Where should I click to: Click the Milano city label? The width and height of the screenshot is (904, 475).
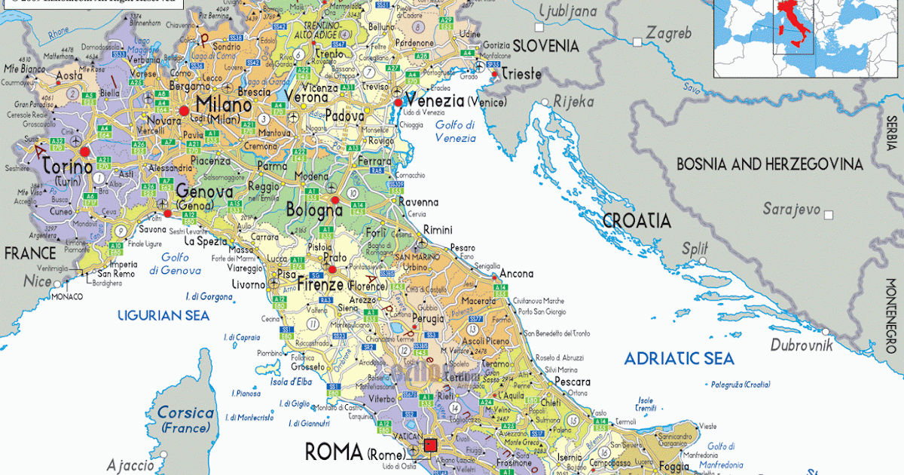[x=223, y=105]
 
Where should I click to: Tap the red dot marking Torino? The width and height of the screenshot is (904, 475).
[x=84, y=152]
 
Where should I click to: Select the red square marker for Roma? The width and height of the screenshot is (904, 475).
[x=431, y=445]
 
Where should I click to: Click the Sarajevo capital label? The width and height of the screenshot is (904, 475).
[x=791, y=209]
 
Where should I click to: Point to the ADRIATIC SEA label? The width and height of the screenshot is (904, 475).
[x=679, y=359]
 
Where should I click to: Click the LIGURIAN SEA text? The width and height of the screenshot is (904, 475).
[x=163, y=316]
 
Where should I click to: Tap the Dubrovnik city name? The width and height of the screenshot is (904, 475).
[x=801, y=345]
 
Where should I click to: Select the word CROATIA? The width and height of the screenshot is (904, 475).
[x=637, y=220]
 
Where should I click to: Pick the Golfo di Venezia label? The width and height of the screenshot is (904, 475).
[x=456, y=131]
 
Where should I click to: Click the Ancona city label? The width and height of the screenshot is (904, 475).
[x=516, y=274]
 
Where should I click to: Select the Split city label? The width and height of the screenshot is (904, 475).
[x=695, y=248]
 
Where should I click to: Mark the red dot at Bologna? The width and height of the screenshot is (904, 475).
[x=335, y=200]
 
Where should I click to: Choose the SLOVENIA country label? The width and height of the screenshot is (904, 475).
[x=545, y=46]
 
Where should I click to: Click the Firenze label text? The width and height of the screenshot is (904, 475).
[x=320, y=285]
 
